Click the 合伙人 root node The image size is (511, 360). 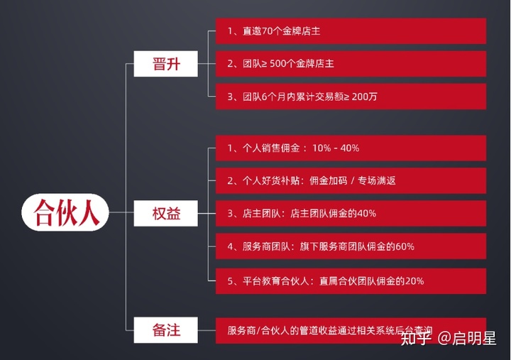click(65, 212)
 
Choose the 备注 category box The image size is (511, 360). click(167, 330)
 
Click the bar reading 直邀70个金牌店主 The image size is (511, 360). click(351, 31)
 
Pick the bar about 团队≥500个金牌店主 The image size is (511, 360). click(351, 64)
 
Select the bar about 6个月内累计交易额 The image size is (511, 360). click(351, 97)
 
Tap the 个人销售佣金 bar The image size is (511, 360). click(351, 148)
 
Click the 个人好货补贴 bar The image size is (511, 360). click(351, 180)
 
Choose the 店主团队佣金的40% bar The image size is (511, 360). click(351, 213)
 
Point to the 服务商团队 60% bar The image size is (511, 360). click(351, 246)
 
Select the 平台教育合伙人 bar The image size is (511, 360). click(351, 280)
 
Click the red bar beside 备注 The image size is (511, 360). click(351, 330)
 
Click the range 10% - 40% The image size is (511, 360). click(336, 148)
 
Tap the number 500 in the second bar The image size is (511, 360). click(279, 64)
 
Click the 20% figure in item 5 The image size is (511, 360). click(414, 280)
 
